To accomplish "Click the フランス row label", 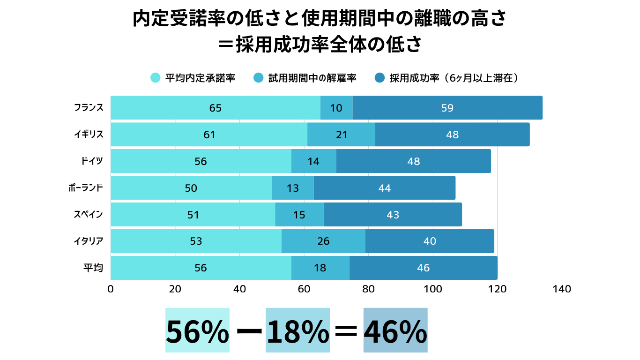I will (88, 108).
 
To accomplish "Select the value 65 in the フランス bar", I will (216, 108).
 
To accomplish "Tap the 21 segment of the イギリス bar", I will (342, 135).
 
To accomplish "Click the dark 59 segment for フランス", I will (447, 108).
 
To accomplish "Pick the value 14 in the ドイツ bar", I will (313, 161).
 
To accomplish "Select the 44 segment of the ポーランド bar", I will (384, 188).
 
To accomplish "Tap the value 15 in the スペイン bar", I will (299, 215).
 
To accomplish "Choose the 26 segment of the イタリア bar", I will (323, 241).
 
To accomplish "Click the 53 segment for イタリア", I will (196, 241).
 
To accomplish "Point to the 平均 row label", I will (93, 268).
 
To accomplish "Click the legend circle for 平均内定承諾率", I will (156, 78).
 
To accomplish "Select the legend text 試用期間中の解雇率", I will (312, 78).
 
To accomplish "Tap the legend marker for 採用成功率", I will (380, 78).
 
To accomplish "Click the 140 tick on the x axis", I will (562, 289).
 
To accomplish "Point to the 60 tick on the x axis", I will (304, 289).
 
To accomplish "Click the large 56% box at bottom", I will (197, 330).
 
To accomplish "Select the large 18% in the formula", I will (298, 330).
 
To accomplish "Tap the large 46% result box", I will (395, 330).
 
